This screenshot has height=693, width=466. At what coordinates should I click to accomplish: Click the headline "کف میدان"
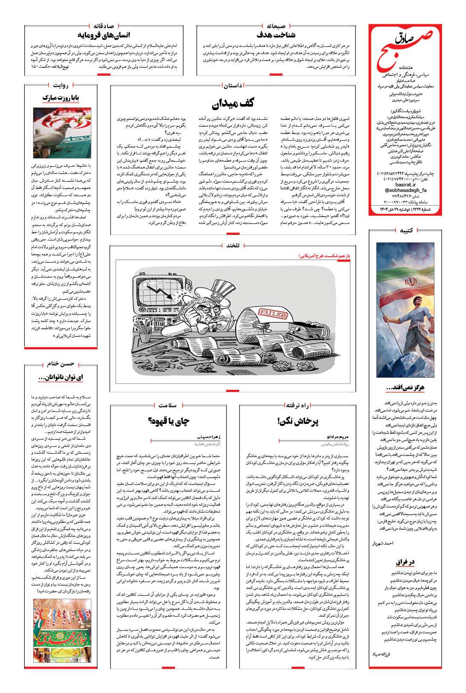click(232, 104)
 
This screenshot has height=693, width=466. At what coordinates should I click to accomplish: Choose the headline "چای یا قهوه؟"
click(169, 421)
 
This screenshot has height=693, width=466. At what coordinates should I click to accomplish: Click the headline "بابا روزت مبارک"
click(60, 98)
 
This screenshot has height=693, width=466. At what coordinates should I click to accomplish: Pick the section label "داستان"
click(232, 85)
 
